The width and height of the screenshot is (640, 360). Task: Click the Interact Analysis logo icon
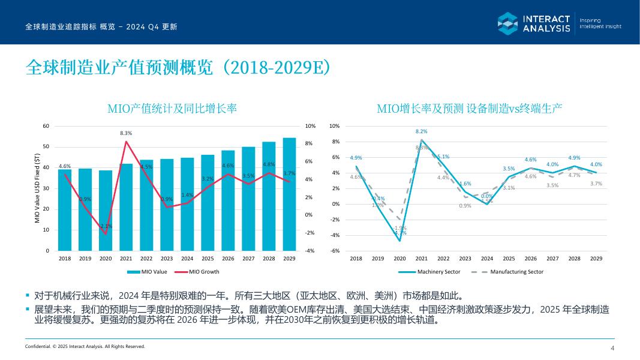point(507,23)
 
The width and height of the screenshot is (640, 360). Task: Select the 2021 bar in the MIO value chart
point(126,207)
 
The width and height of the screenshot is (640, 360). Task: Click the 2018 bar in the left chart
point(65,210)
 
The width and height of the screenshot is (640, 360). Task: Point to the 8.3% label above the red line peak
point(126,133)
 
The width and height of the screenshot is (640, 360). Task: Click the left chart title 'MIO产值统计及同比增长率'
point(172,109)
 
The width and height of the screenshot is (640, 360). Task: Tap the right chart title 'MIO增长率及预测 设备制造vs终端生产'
point(469,109)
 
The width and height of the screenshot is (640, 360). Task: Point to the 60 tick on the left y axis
point(46,126)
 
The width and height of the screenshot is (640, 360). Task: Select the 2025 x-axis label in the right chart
point(509,259)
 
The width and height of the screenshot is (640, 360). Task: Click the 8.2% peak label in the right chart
point(422,131)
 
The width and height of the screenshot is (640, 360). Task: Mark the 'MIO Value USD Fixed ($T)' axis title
point(38,188)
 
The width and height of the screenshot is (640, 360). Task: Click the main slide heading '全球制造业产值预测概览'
point(178,68)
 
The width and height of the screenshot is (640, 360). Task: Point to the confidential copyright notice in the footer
point(85,346)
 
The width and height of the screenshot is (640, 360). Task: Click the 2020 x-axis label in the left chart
point(106,259)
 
